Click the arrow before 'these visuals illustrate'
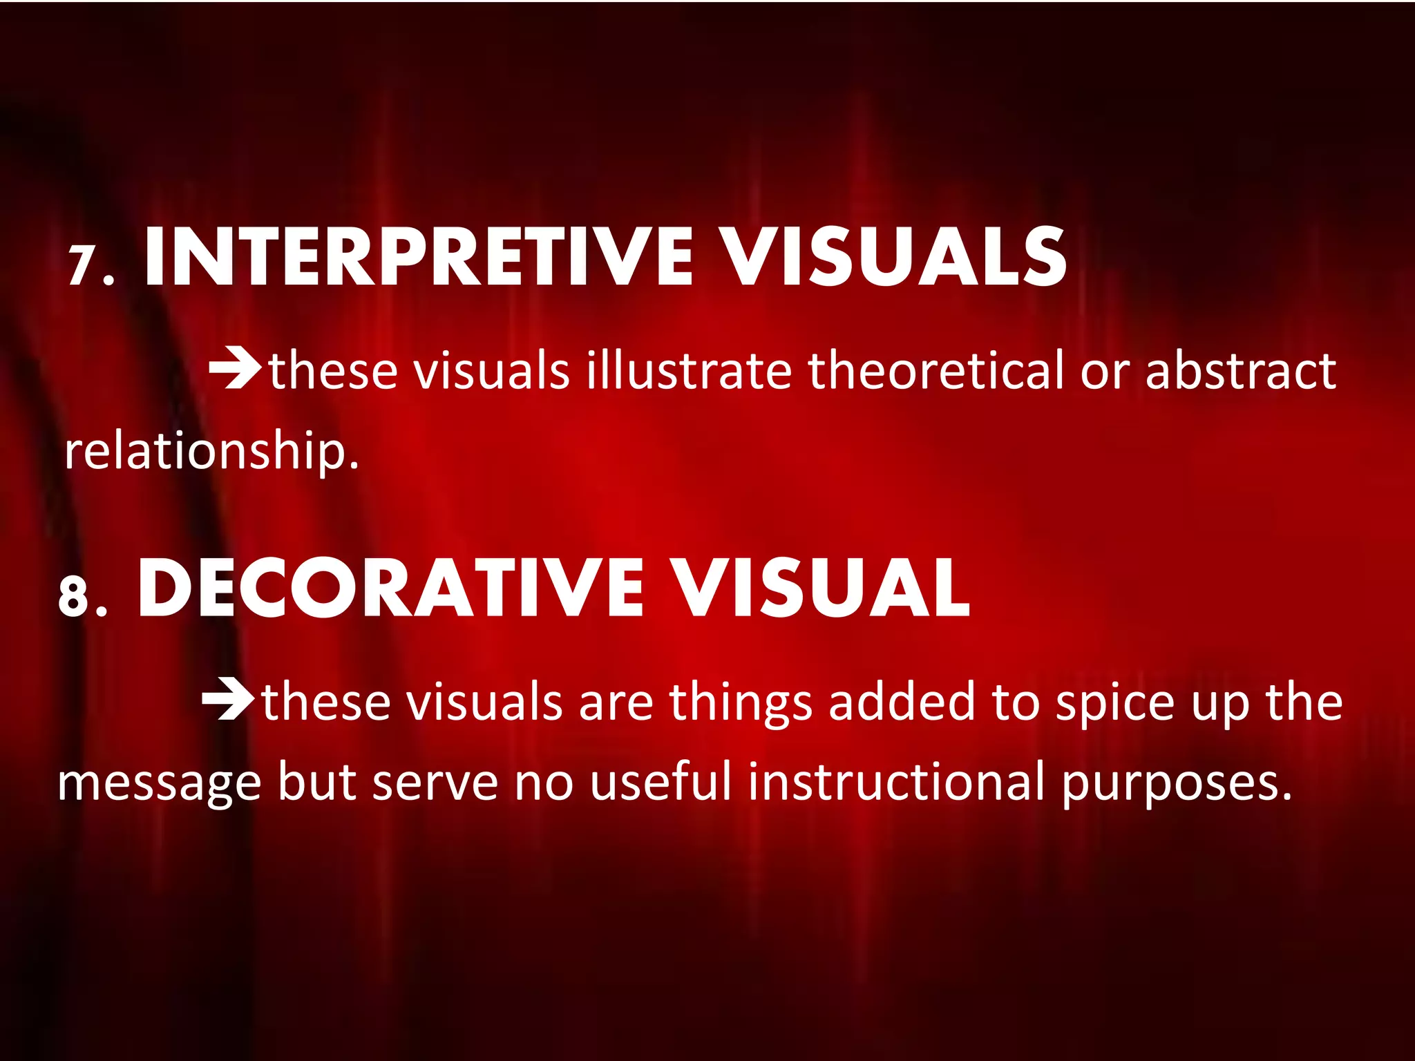click(235, 368)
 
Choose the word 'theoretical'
click(936, 371)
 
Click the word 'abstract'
click(1240, 371)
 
